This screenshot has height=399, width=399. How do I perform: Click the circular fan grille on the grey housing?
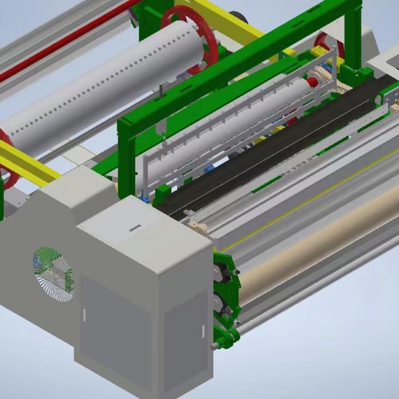tap(52, 275)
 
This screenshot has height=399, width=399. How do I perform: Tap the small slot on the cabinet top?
tap(134, 228)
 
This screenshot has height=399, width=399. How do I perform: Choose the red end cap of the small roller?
tap(312, 82)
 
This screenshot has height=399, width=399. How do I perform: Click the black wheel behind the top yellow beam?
tap(238, 17)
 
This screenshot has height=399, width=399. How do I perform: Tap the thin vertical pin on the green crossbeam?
tap(161, 90)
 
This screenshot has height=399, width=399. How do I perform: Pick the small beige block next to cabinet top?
tap(198, 226)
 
